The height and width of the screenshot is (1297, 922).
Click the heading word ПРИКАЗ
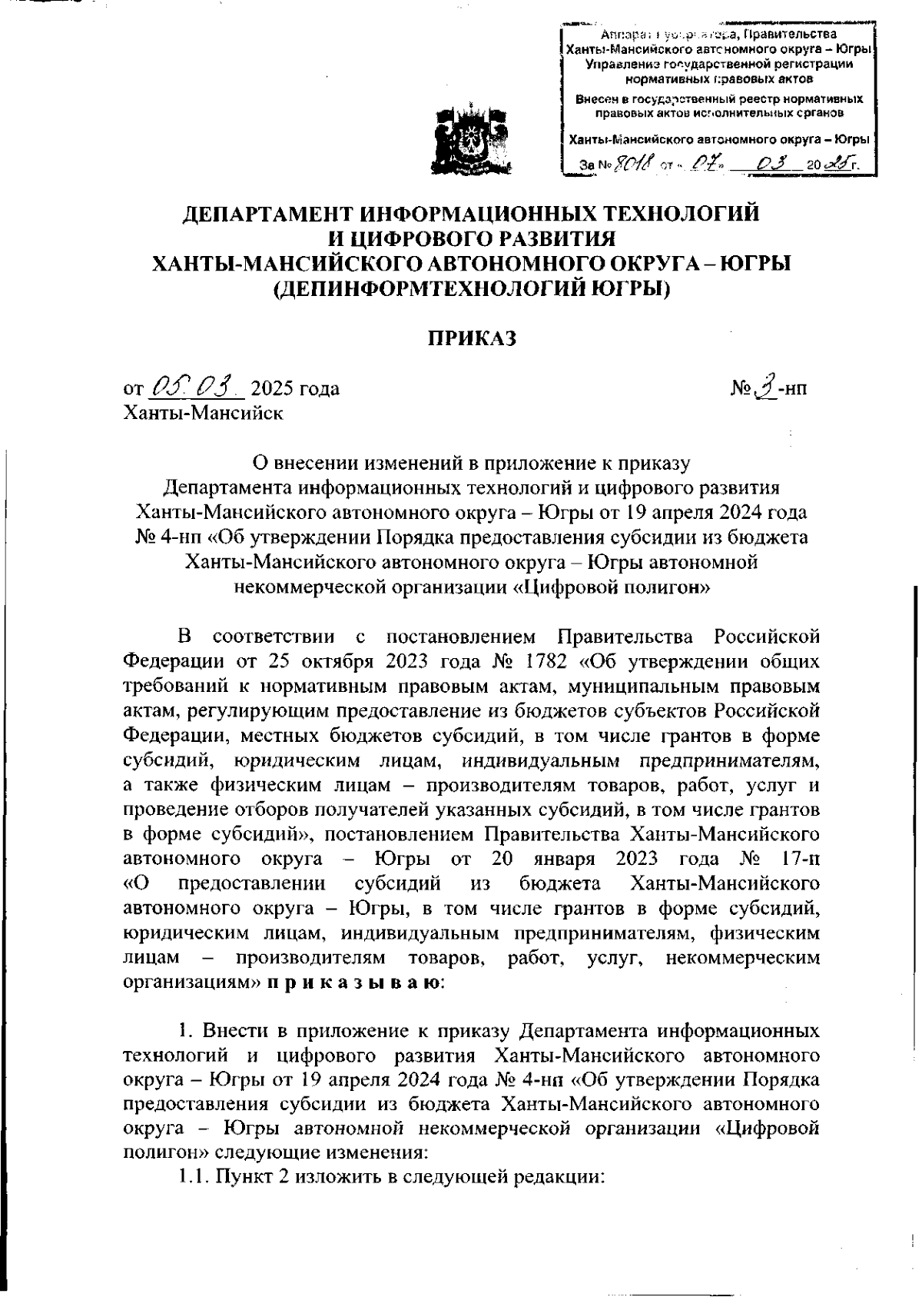(x=471, y=338)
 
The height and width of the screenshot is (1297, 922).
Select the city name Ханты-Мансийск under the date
(x=203, y=413)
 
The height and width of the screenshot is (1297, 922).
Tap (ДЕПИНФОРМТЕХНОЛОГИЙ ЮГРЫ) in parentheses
(x=472, y=290)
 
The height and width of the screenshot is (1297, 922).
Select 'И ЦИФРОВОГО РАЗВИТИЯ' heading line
(x=471, y=238)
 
